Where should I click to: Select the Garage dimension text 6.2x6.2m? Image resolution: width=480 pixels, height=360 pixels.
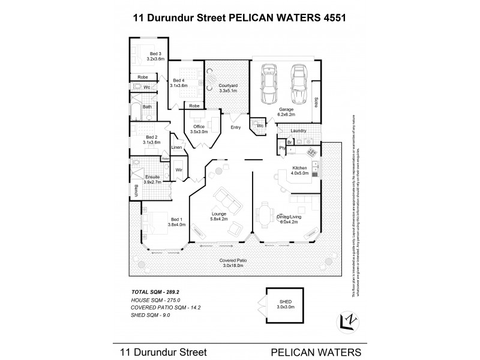point(285,115)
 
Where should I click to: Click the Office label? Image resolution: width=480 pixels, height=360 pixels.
point(199,126)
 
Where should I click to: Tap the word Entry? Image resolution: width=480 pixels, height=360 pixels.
point(235,127)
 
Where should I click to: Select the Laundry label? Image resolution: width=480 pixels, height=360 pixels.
point(298,130)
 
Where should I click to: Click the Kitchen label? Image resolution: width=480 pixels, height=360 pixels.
point(299,167)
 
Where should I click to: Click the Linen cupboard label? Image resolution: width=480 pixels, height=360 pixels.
point(176,148)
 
